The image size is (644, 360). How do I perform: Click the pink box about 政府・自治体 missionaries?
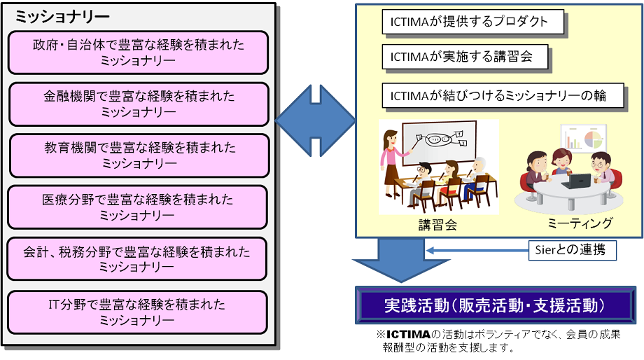(x=138, y=53)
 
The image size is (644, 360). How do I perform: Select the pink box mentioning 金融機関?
(x=139, y=104)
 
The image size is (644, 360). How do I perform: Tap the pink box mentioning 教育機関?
(x=139, y=155)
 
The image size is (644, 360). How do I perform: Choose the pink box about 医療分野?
(x=138, y=207)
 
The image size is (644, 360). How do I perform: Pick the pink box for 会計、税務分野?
(x=136, y=259)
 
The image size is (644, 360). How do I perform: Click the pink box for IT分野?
(x=138, y=312)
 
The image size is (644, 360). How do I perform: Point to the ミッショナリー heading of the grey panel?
(x=62, y=17)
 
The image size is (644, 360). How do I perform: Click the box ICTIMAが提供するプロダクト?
(x=472, y=22)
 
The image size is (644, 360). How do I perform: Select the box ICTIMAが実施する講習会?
(x=465, y=57)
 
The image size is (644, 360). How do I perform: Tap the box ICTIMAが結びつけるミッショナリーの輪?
(x=503, y=96)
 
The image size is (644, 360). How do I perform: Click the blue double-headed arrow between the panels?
(x=315, y=120)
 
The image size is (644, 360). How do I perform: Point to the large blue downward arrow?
(x=401, y=260)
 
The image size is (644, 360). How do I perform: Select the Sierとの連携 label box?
(x=572, y=250)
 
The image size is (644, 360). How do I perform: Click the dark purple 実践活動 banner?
(x=496, y=305)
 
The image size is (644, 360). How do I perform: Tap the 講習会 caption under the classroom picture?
(x=437, y=225)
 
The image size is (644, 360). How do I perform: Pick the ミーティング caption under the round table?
(x=580, y=223)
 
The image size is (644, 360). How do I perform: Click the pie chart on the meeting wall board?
(x=594, y=139)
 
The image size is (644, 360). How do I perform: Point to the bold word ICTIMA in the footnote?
(x=408, y=334)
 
